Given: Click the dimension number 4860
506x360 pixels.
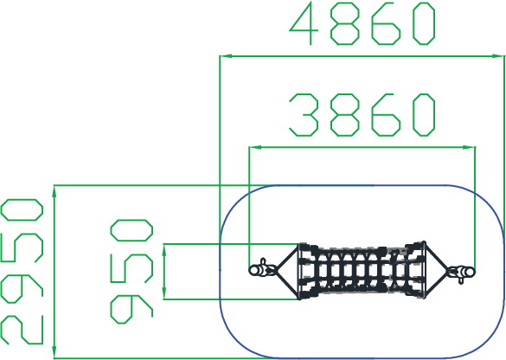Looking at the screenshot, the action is (362, 23).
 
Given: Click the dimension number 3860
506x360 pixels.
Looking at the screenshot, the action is (362, 114).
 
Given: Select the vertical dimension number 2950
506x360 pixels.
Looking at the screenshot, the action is (22, 272).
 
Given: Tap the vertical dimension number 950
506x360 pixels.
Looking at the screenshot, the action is (131, 272).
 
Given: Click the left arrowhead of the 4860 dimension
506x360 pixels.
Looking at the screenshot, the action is (226, 56).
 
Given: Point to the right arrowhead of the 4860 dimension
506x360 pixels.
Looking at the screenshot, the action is (498, 56).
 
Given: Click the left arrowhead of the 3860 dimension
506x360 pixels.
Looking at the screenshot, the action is (255, 147).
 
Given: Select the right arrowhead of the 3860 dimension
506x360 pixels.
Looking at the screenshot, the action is (469, 147).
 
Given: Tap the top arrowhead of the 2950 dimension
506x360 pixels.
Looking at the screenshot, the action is (54, 191).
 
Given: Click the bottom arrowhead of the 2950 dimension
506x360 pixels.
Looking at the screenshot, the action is (54, 352).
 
